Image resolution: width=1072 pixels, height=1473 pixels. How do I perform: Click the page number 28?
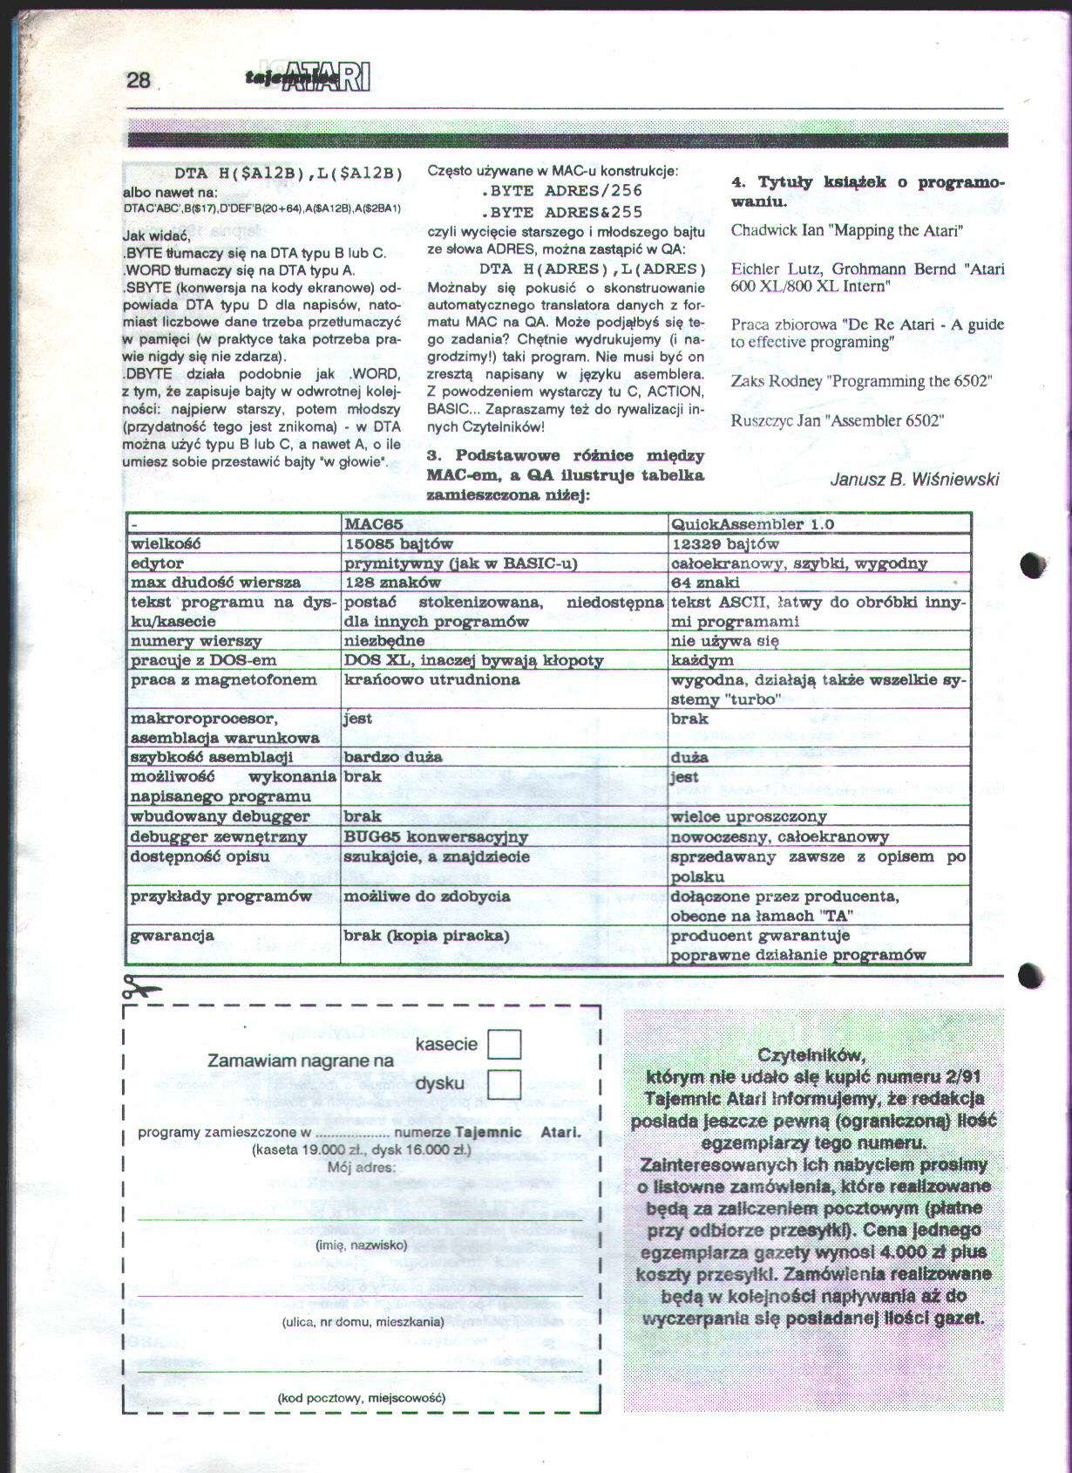pyautogui.click(x=139, y=80)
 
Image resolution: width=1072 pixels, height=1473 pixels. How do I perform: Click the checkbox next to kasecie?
pyautogui.click(x=504, y=1044)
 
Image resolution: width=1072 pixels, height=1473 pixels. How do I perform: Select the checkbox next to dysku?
pyautogui.click(x=504, y=1084)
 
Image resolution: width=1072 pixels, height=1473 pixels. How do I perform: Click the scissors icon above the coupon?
pyautogui.click(x=142, y=987)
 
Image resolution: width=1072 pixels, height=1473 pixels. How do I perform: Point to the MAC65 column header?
pyautogui.click(x=374, y=524)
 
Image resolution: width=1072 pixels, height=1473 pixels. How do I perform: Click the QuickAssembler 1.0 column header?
pyautogui.click(x=752, y=524)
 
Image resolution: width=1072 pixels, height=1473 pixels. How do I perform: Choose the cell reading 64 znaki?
pyautogui.click(x=705, y=583)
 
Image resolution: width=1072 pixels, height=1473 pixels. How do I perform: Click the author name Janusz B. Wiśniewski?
pyautogui.click(x=914, y=479)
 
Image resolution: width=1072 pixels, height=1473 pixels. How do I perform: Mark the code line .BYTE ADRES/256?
pyautogui.click(x=561, y=190)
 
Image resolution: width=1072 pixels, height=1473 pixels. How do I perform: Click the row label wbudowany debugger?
pyautogui.click(x=220, y=816)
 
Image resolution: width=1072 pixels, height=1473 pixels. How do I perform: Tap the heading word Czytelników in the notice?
pyautogui.click(x=811, y=1054)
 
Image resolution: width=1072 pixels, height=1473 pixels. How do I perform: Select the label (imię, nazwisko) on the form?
pyautogui.click(x=361, y=1245)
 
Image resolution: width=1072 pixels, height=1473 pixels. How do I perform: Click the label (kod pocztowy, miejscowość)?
pyautogui.click(x=361, y=1398)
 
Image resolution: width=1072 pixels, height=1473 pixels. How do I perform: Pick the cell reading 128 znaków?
pyautogui.click(x=393, y=583)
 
